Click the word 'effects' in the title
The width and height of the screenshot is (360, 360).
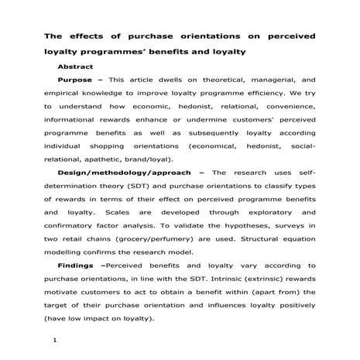tap(87, 37)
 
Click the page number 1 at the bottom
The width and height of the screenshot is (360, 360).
tap(52, 339)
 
